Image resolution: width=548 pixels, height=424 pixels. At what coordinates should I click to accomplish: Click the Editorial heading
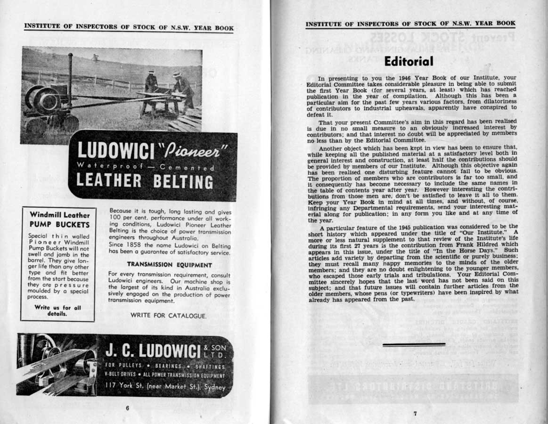[x=408, y=61]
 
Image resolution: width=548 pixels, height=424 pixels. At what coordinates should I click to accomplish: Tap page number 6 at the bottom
[x=127, y=408]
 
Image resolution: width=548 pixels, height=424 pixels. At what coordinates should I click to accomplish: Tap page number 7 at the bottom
[x=415, y=414]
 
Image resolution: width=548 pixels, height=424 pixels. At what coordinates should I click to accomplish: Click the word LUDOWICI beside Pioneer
[x=116, y=151]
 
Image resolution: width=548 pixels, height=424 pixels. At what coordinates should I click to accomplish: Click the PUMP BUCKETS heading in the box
[x=59, y=224]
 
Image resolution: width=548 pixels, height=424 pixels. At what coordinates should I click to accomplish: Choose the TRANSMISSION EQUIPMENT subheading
[x=170, y=265]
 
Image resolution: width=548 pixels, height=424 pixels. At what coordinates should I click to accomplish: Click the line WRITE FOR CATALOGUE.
[x=168, y=316]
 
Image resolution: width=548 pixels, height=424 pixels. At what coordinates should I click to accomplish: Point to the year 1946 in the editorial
[x=393, y=78]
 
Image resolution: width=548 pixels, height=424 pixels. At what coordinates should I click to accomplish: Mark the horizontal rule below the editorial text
[x=414, y=344]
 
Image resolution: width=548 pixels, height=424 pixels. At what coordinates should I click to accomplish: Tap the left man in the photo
[x=151, y=82]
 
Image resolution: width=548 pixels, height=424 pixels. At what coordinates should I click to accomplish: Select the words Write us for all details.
[x=57, y=310]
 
